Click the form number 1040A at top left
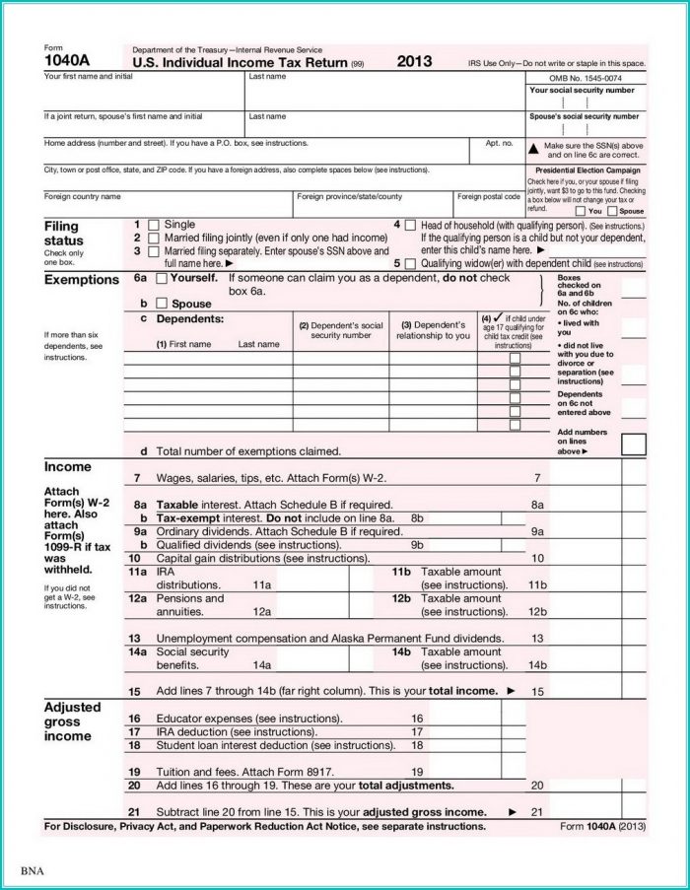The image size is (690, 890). point(64,62)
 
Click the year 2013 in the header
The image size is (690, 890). point(414,61)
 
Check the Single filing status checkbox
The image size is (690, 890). point(153,225)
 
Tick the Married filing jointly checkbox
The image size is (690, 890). point(153,239)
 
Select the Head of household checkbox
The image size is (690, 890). point(409,225)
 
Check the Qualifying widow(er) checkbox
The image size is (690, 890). point(409,264)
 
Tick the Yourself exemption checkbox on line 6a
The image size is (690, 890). point(163,279)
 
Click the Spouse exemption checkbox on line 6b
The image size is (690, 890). point(163,304)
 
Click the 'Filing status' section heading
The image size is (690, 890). point(64,234)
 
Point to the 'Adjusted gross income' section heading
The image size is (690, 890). point(72,721)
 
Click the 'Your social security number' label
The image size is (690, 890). point(582,90)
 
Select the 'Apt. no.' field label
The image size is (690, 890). point(499,143)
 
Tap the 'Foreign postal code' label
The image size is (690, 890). point(489,196)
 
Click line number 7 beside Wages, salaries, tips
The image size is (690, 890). point(137,478)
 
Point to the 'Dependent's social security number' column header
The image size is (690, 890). point(340,330)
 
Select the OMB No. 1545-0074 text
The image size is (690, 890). point(586,77)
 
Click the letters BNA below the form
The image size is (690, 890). point(33,871)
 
